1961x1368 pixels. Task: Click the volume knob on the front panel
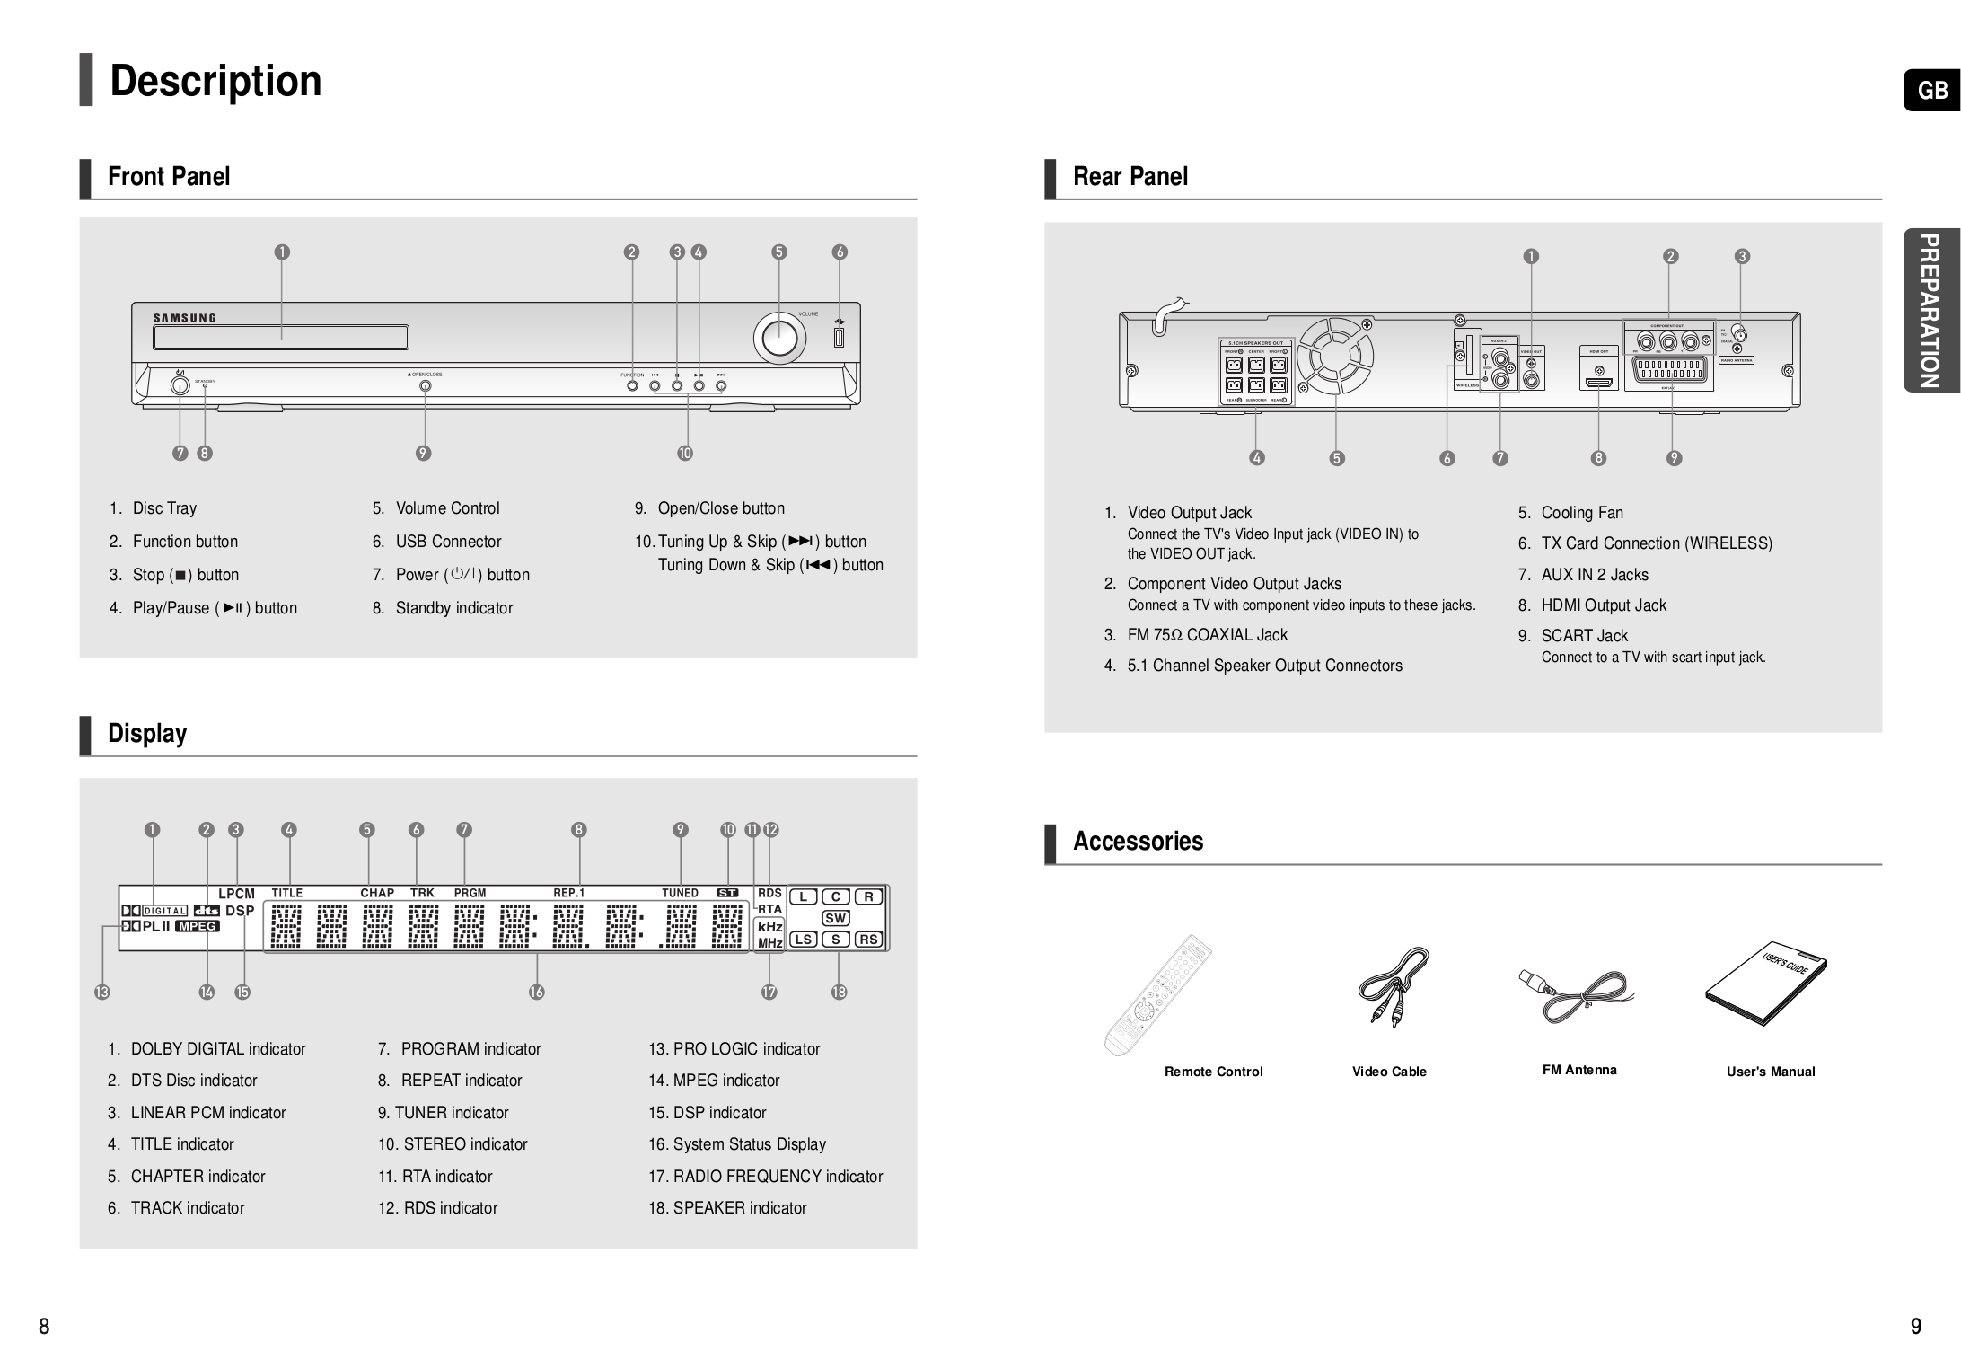[778, 339]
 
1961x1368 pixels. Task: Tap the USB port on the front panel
[839, 338]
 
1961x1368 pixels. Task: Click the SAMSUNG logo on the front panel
[184, 318]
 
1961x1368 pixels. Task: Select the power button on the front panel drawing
[180, 385]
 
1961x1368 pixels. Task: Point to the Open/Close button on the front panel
[425, 385]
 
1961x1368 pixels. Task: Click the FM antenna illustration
[1575, 993]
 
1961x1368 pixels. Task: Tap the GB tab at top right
[1932, 91]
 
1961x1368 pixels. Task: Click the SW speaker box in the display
[835, 918]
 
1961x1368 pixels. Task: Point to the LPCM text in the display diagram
[236, 894]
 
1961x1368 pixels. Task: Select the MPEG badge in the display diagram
[197, 926]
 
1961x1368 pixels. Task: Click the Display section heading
[147, 733]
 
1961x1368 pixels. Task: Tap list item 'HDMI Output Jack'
[1603, 605]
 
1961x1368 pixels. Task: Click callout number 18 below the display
[839, 992]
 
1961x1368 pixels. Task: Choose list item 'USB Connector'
[448, 542]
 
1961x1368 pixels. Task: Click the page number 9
[1915, 1327]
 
